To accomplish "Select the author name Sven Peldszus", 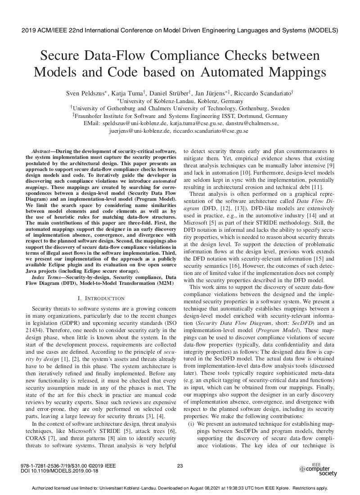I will coord(85,93).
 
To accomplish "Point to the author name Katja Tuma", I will coord(128,93).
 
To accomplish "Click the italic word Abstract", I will coord(43,151).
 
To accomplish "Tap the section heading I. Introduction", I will coord(101,298).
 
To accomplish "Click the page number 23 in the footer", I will coord(180,466).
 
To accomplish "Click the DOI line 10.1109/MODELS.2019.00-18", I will coord(59,471).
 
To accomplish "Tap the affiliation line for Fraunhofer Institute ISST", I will coord(180,116).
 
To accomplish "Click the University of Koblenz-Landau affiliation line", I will coord(180,101).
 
